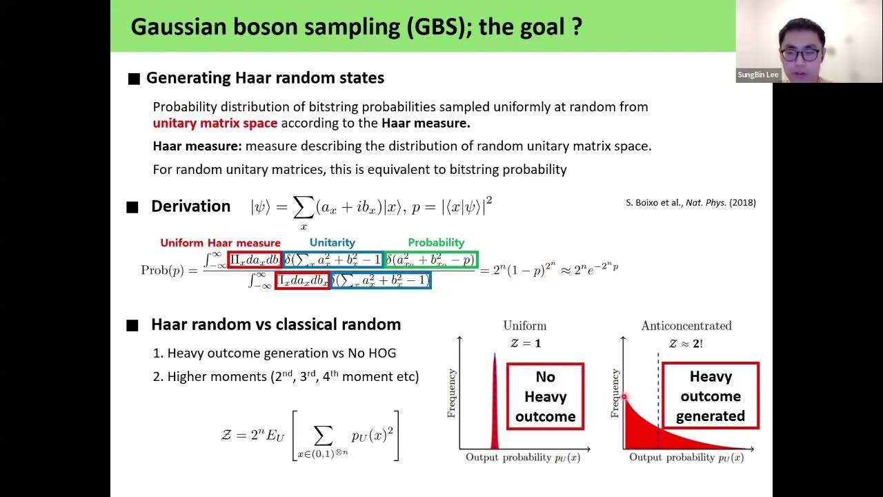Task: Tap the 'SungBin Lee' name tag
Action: pos(758,75)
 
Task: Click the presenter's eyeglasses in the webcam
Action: pos(800,54)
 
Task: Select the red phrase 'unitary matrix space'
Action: pos(215,123)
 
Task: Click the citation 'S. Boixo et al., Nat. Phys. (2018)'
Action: pos(691,203)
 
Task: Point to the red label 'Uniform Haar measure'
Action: pos(220,243)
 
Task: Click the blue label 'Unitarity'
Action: pos(332,243)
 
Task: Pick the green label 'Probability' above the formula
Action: pos(436,243)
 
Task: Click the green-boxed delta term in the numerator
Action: pos(430,260)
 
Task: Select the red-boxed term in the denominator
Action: pos(302,280)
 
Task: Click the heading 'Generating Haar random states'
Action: pos(265,78)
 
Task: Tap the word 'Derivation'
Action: pos(190,206)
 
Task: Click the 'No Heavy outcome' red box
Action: pos(545,396)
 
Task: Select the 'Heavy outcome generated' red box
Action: pos(710,396)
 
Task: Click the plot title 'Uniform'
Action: pos(524,326)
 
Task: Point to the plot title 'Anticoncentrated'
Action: pos(686,326)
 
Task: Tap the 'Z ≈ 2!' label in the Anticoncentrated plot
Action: pos(685,343)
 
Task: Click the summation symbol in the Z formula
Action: pos(323,435)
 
